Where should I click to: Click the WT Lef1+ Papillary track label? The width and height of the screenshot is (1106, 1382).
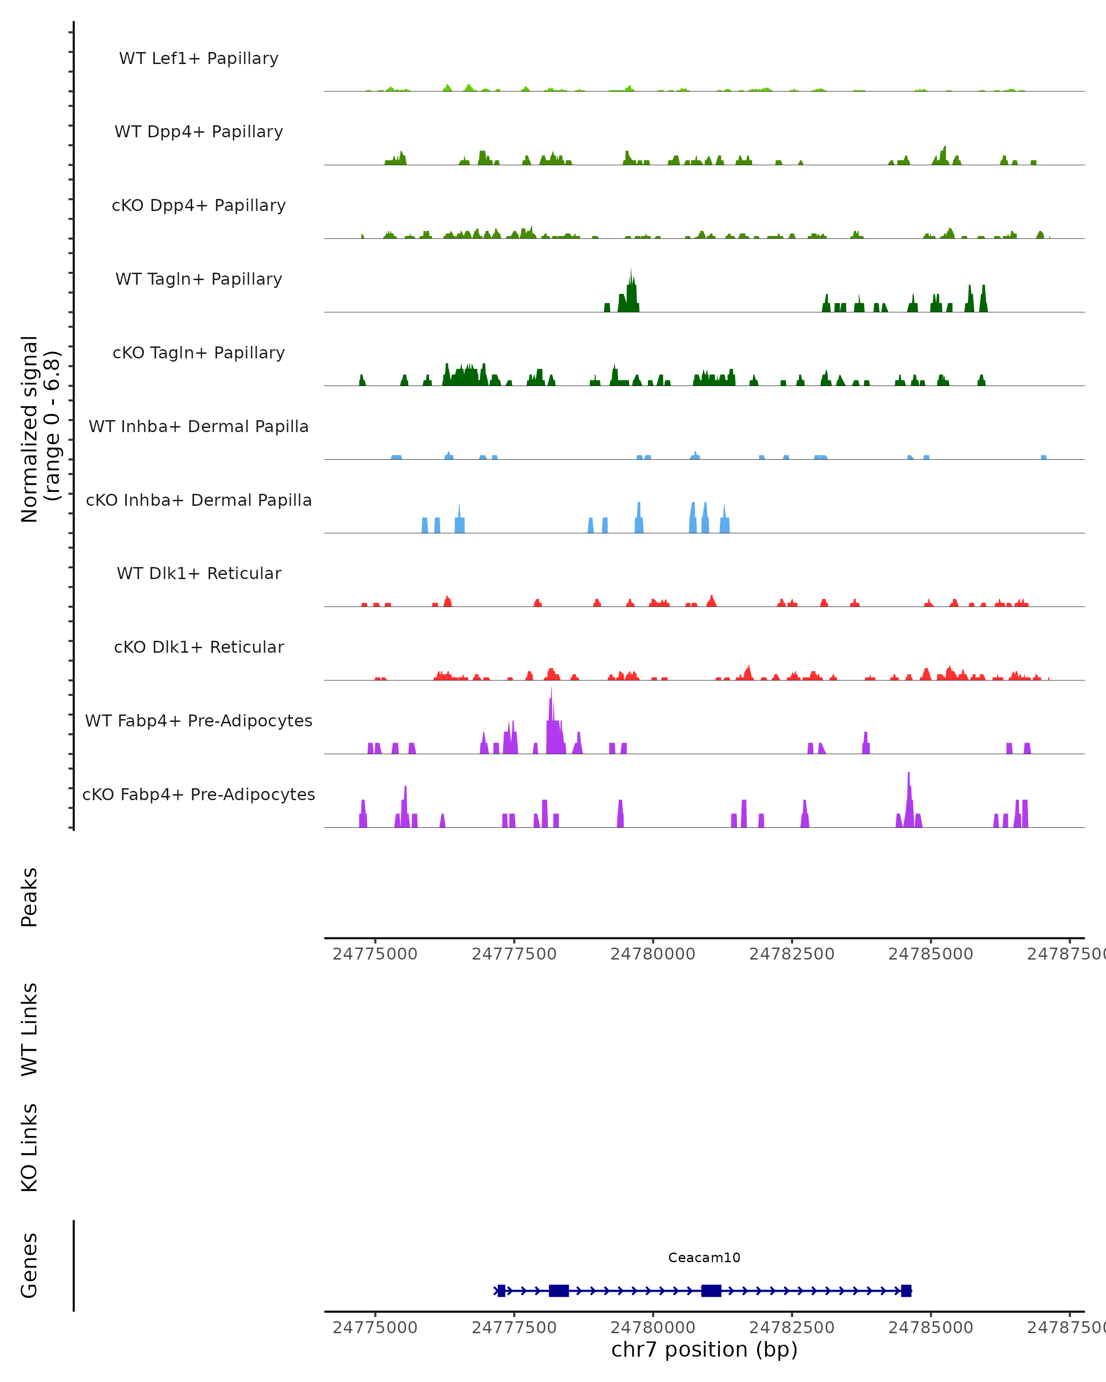point(199,59)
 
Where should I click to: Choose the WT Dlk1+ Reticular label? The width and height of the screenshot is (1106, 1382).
point(199,573)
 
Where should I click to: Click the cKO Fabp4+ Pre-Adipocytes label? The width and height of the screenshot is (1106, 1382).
point(199,794)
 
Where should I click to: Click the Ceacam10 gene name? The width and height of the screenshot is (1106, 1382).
point(704,1258)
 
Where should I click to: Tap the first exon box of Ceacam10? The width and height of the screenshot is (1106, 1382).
point(501,1290)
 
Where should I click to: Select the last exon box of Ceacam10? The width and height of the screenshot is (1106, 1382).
point(906,1290)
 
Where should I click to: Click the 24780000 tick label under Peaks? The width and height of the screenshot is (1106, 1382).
point(653,954)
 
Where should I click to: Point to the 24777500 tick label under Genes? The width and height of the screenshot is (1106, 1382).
point(514,1328)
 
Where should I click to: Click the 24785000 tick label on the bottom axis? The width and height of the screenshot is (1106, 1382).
point(930,1328)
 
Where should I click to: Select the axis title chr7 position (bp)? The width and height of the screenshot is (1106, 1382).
point(704,1349)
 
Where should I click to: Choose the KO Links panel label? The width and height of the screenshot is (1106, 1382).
point(29,1148)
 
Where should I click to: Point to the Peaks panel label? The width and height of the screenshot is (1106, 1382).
point(29,897)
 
